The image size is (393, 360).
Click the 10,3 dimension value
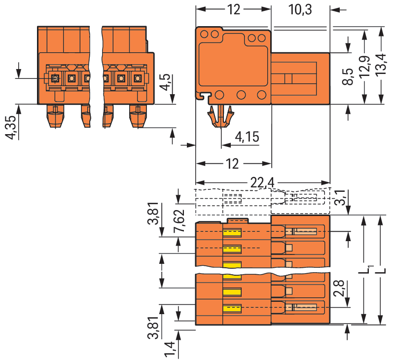(x=300, y=9)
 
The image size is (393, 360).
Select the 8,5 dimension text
(x=348, y=77)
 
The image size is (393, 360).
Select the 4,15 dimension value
(x=247, y=137)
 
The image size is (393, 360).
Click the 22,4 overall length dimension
(x=262, y=183)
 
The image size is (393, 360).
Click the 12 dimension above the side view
(x=233, y=9)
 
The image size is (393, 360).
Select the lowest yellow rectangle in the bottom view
(x=232, y=309)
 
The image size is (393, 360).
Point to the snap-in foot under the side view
(x=220, y=116)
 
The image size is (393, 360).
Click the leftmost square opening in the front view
(x=55, y=78)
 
